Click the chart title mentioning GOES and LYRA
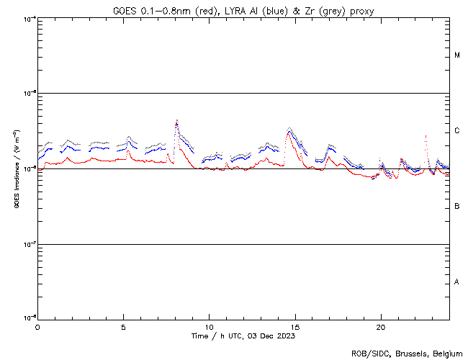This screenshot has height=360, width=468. [x=243, y=11]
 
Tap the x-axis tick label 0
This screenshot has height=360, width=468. [x=37, y=326]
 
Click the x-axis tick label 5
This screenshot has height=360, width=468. [x=123, y=326]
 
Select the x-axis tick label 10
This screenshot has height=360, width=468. [x=209, y=326]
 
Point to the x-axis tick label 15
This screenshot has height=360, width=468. [x=294, y=326]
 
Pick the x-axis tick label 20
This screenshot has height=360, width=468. [x=380, y=326]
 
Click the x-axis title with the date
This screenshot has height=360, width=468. [x=243, y=336]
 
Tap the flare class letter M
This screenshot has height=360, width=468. [x=457, y=55]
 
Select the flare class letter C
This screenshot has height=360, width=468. [x=457, y=131]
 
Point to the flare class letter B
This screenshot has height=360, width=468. [x=457, y=207]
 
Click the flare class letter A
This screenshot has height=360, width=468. [x=457, y=282]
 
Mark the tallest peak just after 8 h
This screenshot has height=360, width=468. [x=176, y=121]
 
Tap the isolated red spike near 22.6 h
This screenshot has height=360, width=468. [x=426, y=135]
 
